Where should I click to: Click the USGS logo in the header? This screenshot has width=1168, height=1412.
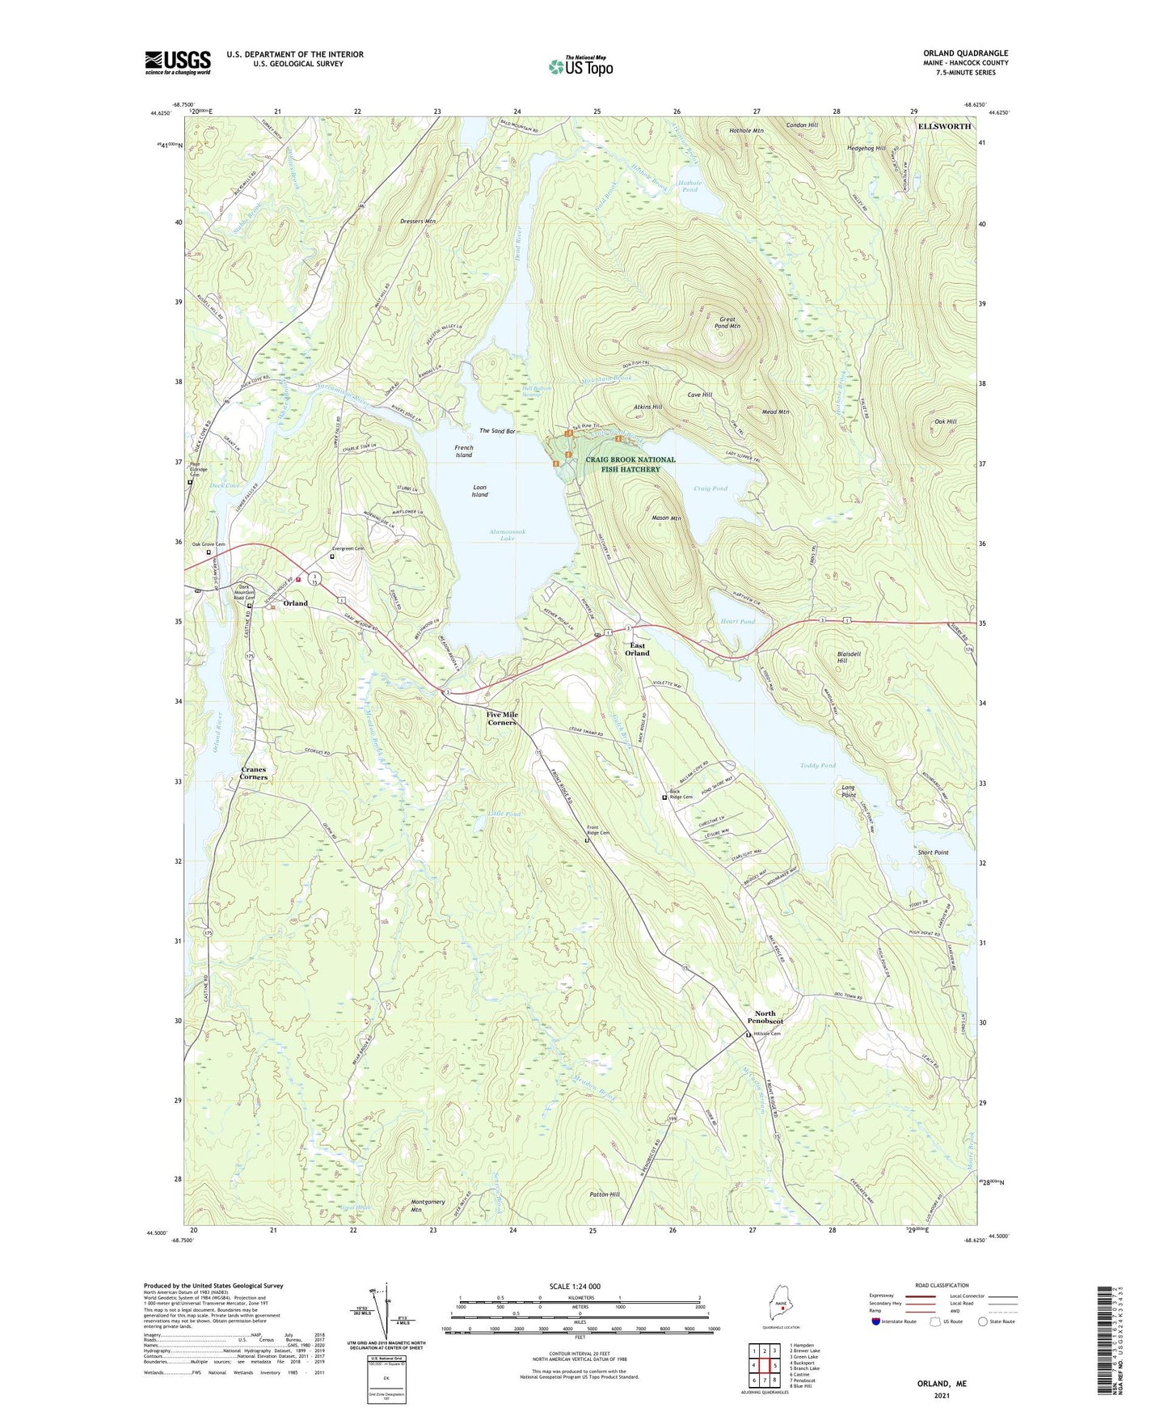pyautogui.click(x=178, y=62)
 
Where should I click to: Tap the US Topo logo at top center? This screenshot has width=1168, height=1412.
pyautogui.click(x=580, y=66)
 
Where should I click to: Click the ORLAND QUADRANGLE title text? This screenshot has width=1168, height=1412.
pyautogui.click(x=965, y=53)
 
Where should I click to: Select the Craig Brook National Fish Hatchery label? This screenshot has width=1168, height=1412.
pyautogui.click(x=630, y=464)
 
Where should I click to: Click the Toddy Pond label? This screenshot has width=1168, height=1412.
pyautogui.click(x=817, y=765)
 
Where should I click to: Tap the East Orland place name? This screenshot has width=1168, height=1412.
pyautogui.click(x=637, y=649)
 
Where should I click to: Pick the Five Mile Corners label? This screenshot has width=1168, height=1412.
pyautogui.click(x=501, y=718)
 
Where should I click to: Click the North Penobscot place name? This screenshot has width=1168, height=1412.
pyautogui.click(x=765, y=1017)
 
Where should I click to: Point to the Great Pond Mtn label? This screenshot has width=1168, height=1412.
pyautogui.click(x=729, y=323)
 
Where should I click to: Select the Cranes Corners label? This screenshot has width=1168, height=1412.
pyautogui.click(x=253, y=773)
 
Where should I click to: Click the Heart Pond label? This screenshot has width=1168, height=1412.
pyautogui.click(x=736, y=622)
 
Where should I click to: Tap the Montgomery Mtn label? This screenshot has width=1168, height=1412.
pyautogui.click(x=428, y=1206)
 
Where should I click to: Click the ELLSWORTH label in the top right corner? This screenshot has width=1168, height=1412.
pyautogui.click(x=944, y=127)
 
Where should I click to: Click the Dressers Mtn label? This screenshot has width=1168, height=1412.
pyautogui.click(x=418, y=221)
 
